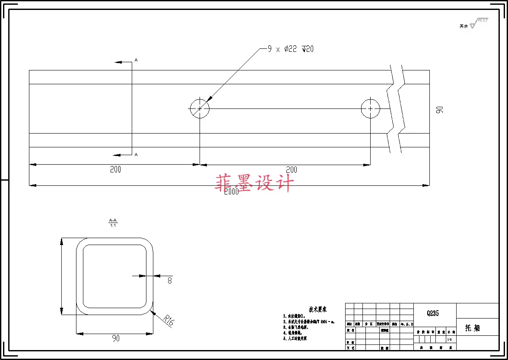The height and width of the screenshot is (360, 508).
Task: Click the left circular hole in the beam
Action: (x=200, y=108)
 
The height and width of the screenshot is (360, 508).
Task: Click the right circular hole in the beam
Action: (x=370, y=108)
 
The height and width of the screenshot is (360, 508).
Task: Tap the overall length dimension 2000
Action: (x=231, y=192)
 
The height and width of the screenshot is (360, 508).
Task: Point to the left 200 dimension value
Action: (x=115, y=169)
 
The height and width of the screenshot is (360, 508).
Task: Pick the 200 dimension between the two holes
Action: (x=292, y=170)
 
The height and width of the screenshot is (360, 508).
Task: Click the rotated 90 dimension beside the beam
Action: (x=439, y=109)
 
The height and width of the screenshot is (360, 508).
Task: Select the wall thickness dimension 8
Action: (x=169, y=280)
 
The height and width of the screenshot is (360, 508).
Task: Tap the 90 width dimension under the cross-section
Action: (x=115, y=338)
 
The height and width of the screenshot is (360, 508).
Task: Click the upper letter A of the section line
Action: (x=136, y=60)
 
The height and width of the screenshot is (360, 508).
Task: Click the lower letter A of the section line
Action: (x=136, y=154)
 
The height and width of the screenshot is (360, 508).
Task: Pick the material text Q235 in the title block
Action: (x=432, y=313)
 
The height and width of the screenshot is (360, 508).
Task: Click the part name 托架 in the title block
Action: (x=472, y=328)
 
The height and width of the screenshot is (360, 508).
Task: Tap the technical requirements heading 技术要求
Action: (x=317, y=309)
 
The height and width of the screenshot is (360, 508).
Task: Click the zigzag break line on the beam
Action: (x=396, y=108)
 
